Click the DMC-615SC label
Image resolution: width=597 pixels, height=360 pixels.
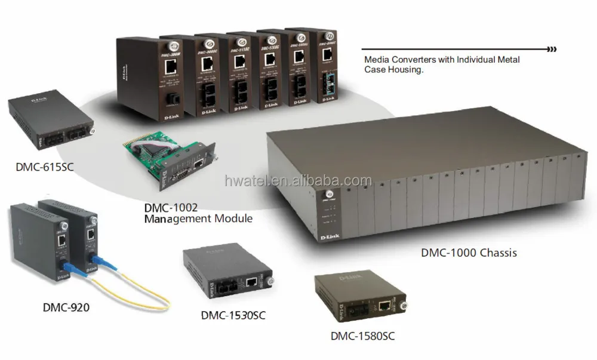(x=44, y=167)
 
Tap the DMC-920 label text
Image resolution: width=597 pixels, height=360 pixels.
(x=66, y=308)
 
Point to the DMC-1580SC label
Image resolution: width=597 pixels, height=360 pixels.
(x=363, y=336)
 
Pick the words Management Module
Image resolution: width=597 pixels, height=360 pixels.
(x=198, y=219)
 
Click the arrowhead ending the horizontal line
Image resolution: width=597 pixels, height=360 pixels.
(x=553, y=49)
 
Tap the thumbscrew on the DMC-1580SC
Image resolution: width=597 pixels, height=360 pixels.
(x=399, y=306)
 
